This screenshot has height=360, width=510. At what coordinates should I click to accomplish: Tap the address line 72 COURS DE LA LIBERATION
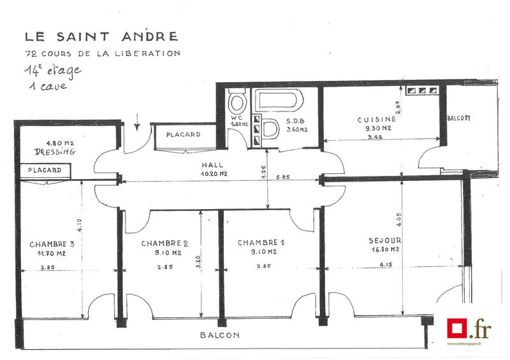(102, 54)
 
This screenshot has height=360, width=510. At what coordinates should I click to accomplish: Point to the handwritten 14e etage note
(53, 70)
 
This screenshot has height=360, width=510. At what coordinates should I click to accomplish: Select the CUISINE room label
(376, 119)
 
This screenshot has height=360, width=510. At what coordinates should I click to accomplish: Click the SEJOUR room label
(384, 241)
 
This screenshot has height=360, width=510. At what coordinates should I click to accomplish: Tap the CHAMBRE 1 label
(261, 243)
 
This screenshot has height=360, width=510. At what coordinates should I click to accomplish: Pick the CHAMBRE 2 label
(164, 243)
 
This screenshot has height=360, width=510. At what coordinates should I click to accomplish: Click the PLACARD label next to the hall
(183, 135)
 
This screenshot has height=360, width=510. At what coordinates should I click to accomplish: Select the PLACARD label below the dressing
(45, 171)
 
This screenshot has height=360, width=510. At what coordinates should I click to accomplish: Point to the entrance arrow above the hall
(137, 121)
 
